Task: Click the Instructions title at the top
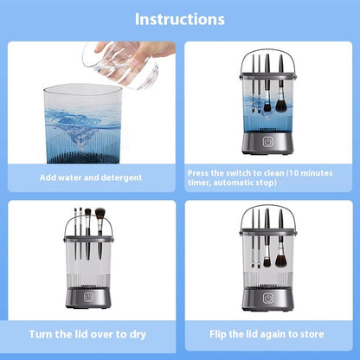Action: tap(180, 19)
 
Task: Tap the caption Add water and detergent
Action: tap(90, 177)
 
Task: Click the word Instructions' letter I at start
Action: tap(138, 19)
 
